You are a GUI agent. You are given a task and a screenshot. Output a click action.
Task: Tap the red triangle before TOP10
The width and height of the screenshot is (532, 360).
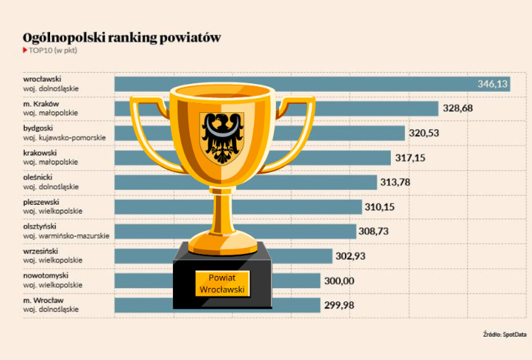coord(25,51)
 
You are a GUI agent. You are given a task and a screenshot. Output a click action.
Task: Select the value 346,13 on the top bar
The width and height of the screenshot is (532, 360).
coord(492,84)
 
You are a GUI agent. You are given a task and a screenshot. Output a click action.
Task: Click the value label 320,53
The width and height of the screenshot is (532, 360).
coord(426,133)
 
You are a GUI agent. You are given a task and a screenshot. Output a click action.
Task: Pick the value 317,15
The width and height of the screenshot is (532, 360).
coord(412,157)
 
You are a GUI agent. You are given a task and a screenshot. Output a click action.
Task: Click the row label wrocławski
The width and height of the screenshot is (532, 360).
coord(42,79)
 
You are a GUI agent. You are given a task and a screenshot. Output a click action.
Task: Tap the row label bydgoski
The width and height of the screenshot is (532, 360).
coord(38,128)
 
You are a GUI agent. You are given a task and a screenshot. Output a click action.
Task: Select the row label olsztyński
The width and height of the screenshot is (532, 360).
coord(41,226)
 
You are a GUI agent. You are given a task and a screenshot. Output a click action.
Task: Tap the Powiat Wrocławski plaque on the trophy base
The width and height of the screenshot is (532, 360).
coord(221,284)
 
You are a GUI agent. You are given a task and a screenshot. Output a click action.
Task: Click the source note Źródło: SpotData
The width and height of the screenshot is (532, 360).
coord(504,334)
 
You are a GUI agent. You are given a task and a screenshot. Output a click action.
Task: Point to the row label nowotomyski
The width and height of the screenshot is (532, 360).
coord(44,275)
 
